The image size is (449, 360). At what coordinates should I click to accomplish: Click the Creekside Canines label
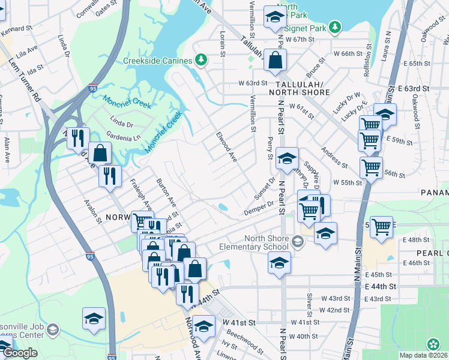157,61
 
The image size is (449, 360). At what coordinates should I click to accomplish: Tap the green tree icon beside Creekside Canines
202,60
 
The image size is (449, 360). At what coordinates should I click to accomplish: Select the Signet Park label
303,28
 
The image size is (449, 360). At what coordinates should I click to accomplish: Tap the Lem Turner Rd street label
24,78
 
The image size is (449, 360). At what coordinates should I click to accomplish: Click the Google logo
20,353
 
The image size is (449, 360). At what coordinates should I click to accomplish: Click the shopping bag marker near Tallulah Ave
275,61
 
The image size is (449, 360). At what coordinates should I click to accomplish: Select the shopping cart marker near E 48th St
381,227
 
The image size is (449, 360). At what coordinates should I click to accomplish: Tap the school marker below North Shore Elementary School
279,263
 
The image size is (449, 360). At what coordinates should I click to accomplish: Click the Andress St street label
334,157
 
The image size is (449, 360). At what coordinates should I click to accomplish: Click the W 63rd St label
252,83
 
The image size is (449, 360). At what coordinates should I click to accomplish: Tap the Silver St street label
310,304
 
